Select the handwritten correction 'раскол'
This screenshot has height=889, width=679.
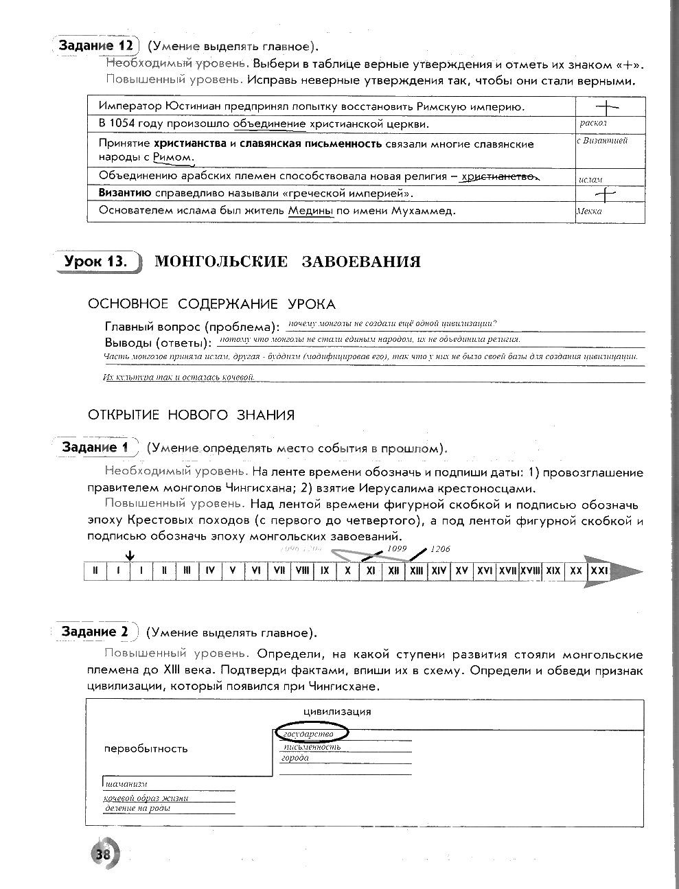(x=592, y=124)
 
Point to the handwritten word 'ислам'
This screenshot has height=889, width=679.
(x=590, y=179)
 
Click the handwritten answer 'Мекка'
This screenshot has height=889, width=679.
(x=589, y=211)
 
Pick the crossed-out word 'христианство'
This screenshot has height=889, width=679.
(x=498, y=176)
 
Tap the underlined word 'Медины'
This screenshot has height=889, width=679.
(x=310, y=211)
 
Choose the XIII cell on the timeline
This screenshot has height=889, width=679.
(x=416, y=570)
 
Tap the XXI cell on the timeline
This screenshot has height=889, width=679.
(x=599, y=570)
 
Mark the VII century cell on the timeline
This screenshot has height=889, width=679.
(x=279, y=570)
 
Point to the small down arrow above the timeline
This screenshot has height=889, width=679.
(x=131, y=555)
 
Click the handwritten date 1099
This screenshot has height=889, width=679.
(x=398, y=549)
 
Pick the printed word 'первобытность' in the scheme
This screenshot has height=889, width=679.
(x=146, y=748)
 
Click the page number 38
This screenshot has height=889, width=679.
(x=104, y=855)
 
